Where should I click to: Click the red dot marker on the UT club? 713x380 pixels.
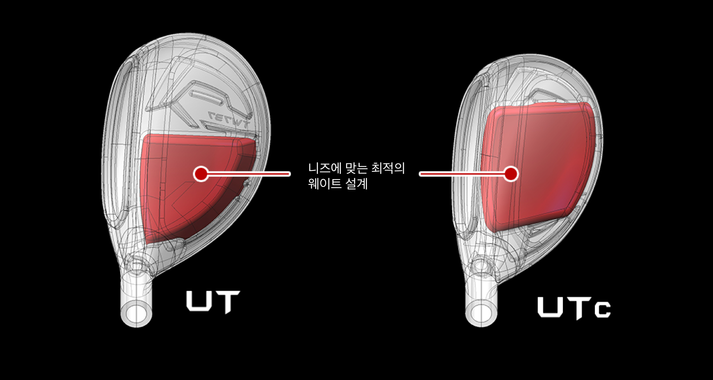(x=201, y=174)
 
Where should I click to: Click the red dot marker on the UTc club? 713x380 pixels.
(x=511, y=174)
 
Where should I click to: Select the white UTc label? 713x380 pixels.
(x=574, y=308)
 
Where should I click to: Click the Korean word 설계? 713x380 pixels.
(x=356, y=184)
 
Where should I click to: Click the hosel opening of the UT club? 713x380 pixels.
(x=137, y=311)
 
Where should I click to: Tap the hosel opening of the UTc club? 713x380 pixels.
(x=481, y=312)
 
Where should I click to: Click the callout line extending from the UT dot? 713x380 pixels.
(x=250, y=174)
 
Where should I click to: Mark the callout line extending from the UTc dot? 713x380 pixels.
(x=462, y=174)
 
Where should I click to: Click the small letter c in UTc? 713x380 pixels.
(x=602, y=310)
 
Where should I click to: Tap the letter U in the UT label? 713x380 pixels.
(x=199, y=301)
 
